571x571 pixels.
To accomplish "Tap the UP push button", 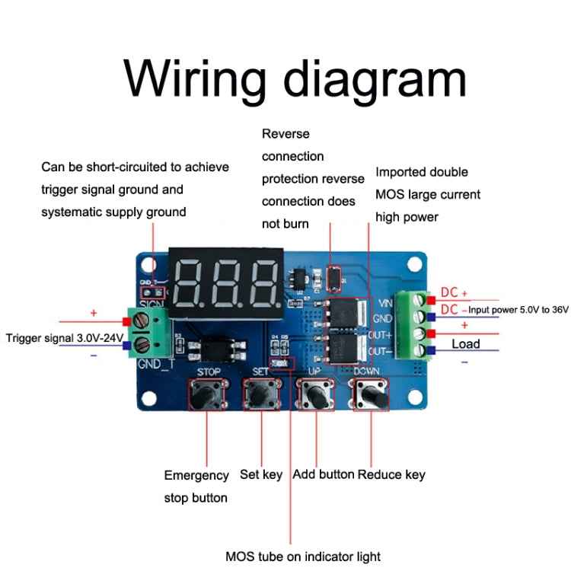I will click(x=315, y=395).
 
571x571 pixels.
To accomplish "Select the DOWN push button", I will click(x=369, y=395).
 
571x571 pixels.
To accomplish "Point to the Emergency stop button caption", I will click(x=196, y=486).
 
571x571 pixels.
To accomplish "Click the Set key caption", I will click(x=261, y=474).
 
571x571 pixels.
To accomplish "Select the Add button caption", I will click(x=324, y=474).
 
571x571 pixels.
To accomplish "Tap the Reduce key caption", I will click(x=391, y=474).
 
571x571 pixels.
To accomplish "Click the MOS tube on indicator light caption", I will click(x=303, y=556).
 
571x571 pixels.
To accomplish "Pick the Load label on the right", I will click(x=466, y=344).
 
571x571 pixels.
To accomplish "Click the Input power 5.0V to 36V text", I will click(x=518, y=310).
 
